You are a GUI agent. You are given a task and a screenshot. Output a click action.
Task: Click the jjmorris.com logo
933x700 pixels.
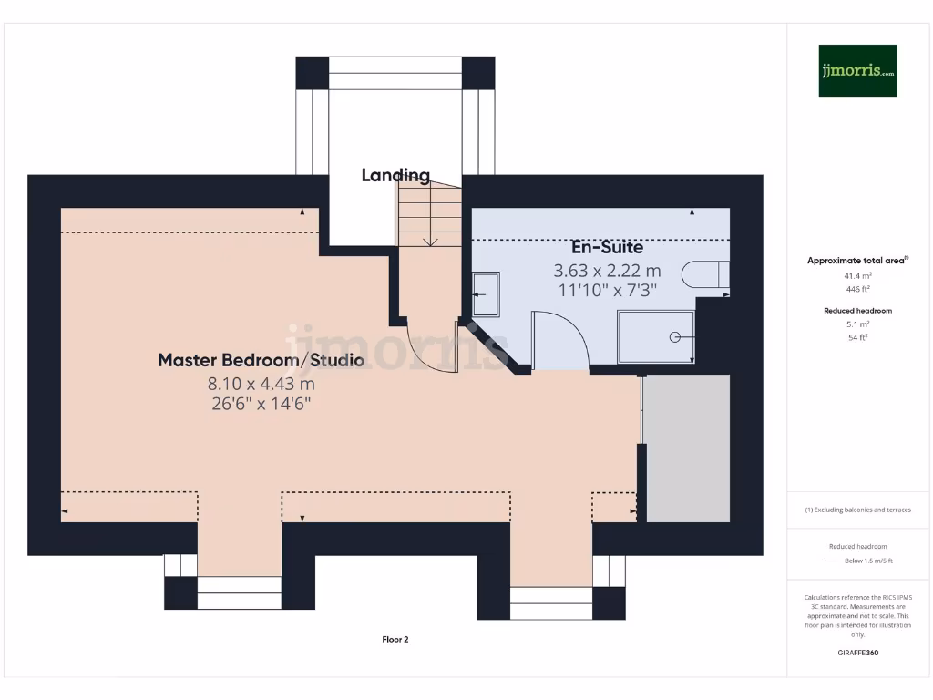pyautogui.click(x=857, y=70)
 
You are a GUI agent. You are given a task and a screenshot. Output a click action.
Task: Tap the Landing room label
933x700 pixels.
pyautogui.click(x=395, y=175)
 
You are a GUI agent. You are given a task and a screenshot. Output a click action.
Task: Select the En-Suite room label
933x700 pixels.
pyautogui.click(x=607, y=247)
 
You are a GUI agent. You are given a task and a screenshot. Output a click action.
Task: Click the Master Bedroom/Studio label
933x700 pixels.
pyautogui.click(x=261, y=360)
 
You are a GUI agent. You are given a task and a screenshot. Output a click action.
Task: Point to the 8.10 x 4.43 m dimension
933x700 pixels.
pyautogui.click(x=261, y=384)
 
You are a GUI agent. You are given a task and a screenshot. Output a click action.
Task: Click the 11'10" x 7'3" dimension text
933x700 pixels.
pyautogui.click(x=607, y=290)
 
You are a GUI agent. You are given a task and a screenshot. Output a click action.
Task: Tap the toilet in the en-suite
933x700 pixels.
pyautogui.click(x=707, y=275)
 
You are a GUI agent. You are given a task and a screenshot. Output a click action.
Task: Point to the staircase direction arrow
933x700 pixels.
pyautogui.click(x=431, y=242)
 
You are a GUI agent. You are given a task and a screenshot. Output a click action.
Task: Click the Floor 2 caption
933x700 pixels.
pyautogui.click(x=395, y=640)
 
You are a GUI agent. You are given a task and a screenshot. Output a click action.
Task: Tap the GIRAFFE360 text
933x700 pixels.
pyautogui.click(x=858, y=653)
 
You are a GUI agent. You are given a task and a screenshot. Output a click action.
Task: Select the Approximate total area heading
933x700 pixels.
pyautogui.click(x=857, y=261)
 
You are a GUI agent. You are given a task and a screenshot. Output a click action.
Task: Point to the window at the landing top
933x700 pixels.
pyautogui.click(x=395, y=73)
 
